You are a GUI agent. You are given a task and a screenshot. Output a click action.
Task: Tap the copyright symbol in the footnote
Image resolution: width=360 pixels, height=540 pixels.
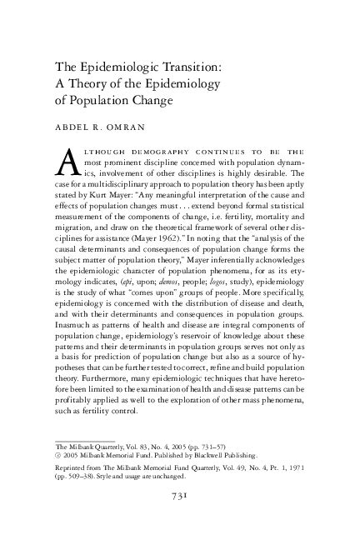point(58,454)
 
